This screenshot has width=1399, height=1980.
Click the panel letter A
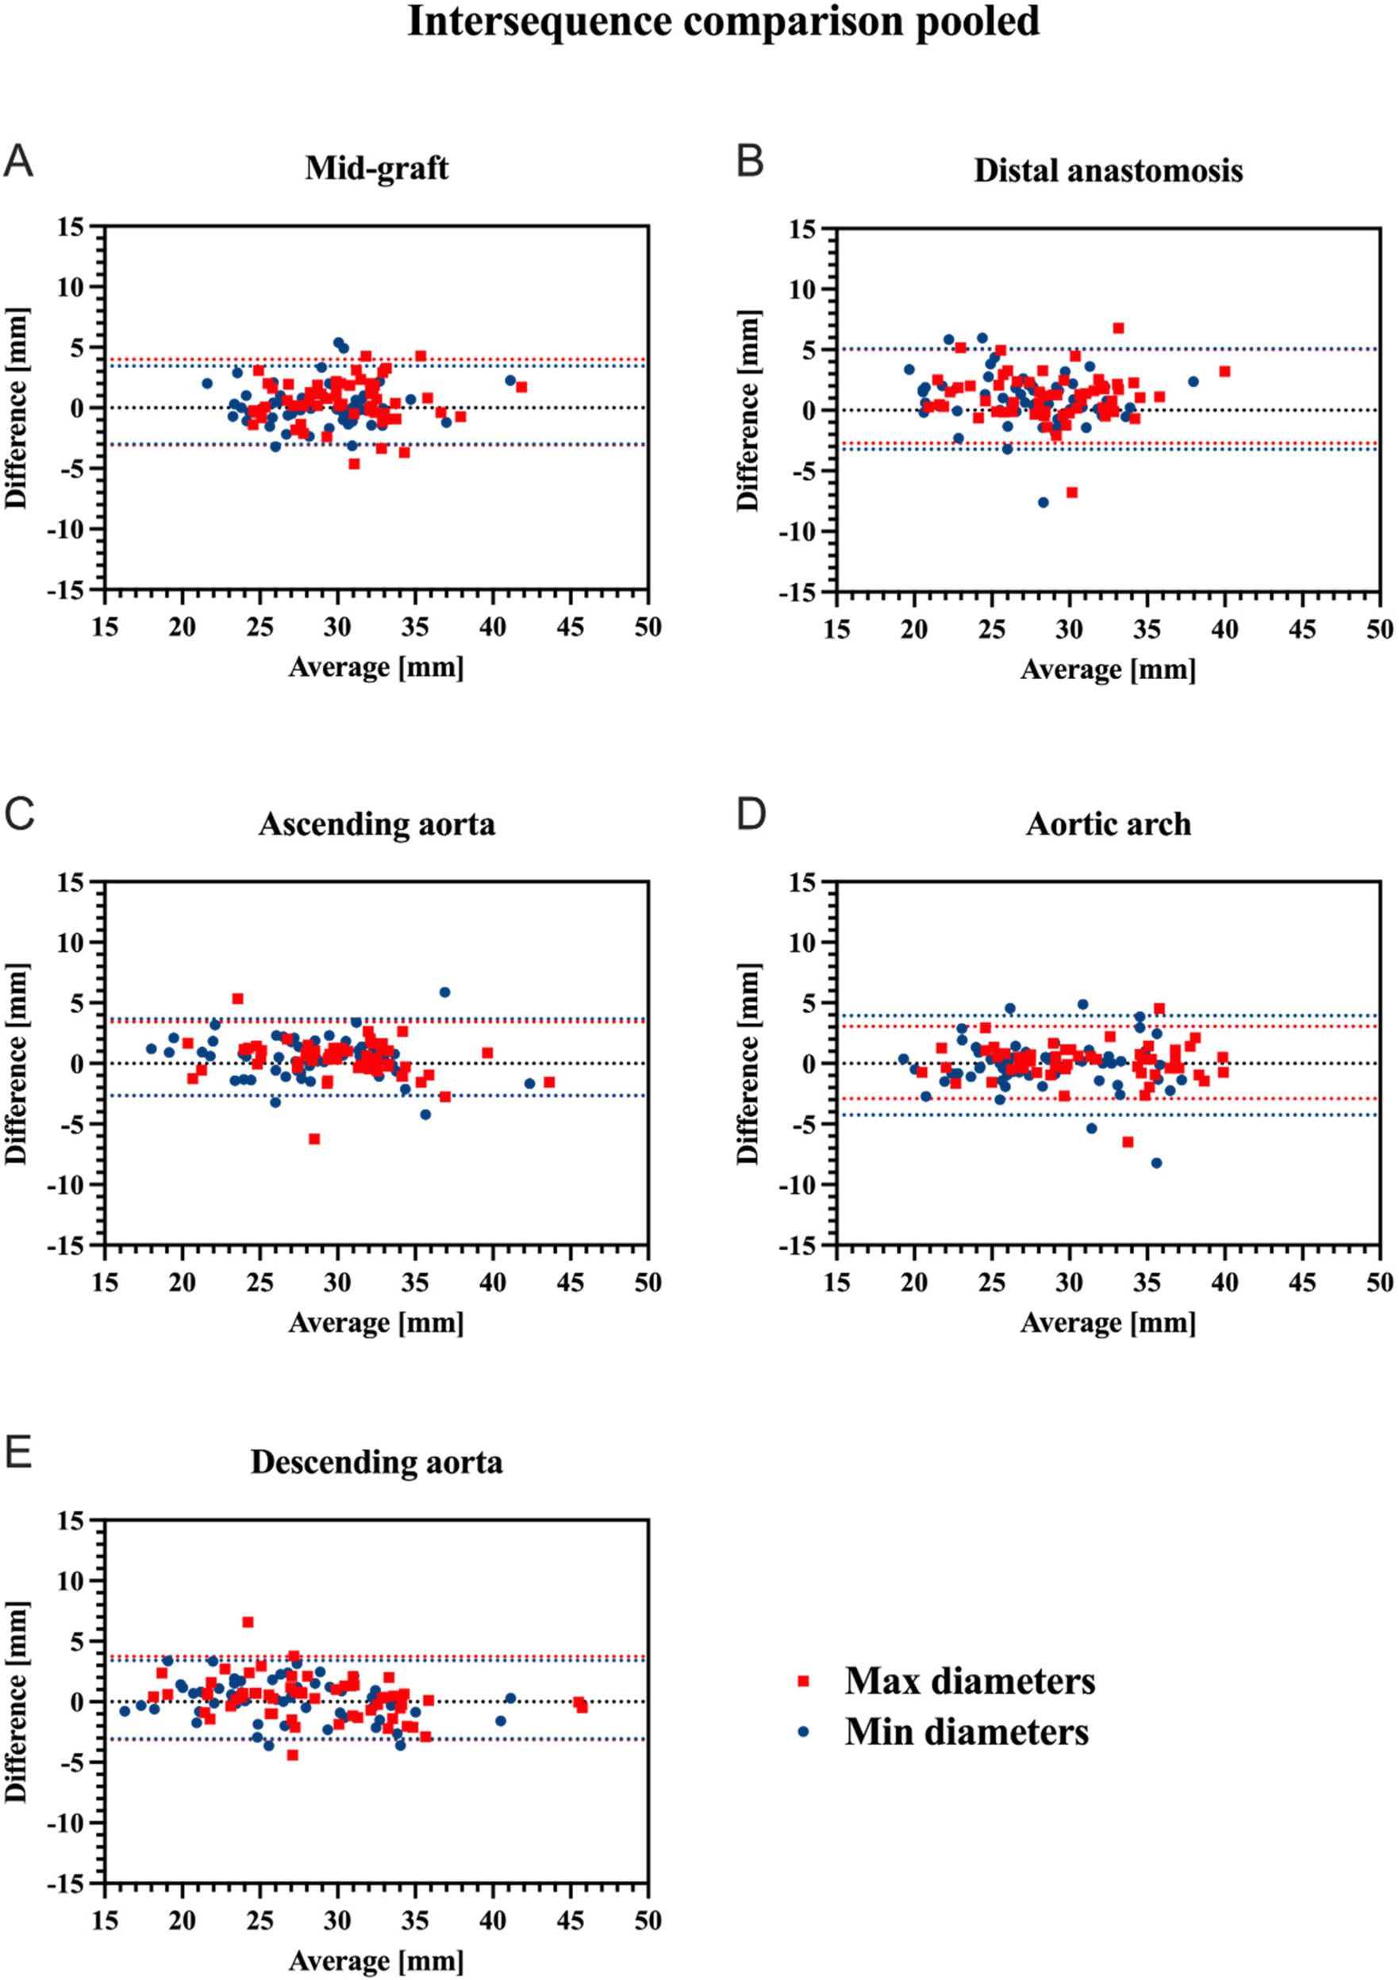18,161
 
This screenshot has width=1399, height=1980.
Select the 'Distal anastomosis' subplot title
1109,171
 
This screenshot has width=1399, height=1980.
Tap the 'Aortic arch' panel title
1109,824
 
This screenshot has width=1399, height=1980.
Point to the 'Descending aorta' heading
376,1463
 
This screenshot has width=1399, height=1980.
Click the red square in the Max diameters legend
804,1681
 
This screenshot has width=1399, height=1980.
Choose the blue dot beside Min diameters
804,1732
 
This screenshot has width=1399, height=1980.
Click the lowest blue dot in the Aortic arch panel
1157,1164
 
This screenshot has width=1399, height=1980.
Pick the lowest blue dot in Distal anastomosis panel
1043,502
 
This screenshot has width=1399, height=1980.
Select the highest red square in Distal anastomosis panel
1119,328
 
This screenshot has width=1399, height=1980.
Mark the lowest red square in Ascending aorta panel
314,1139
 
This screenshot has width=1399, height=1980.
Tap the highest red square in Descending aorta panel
248,1622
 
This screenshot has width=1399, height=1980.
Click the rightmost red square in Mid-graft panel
521,387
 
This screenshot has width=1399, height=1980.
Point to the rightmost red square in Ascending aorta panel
549,1082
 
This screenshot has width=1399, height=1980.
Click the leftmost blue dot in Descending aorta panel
125,1711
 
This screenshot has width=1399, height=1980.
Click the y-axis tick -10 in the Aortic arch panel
801,1185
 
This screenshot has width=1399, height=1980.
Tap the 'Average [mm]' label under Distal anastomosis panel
1109,670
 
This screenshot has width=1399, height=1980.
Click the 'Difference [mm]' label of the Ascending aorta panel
17,1063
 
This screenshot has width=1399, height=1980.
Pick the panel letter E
18,1453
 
